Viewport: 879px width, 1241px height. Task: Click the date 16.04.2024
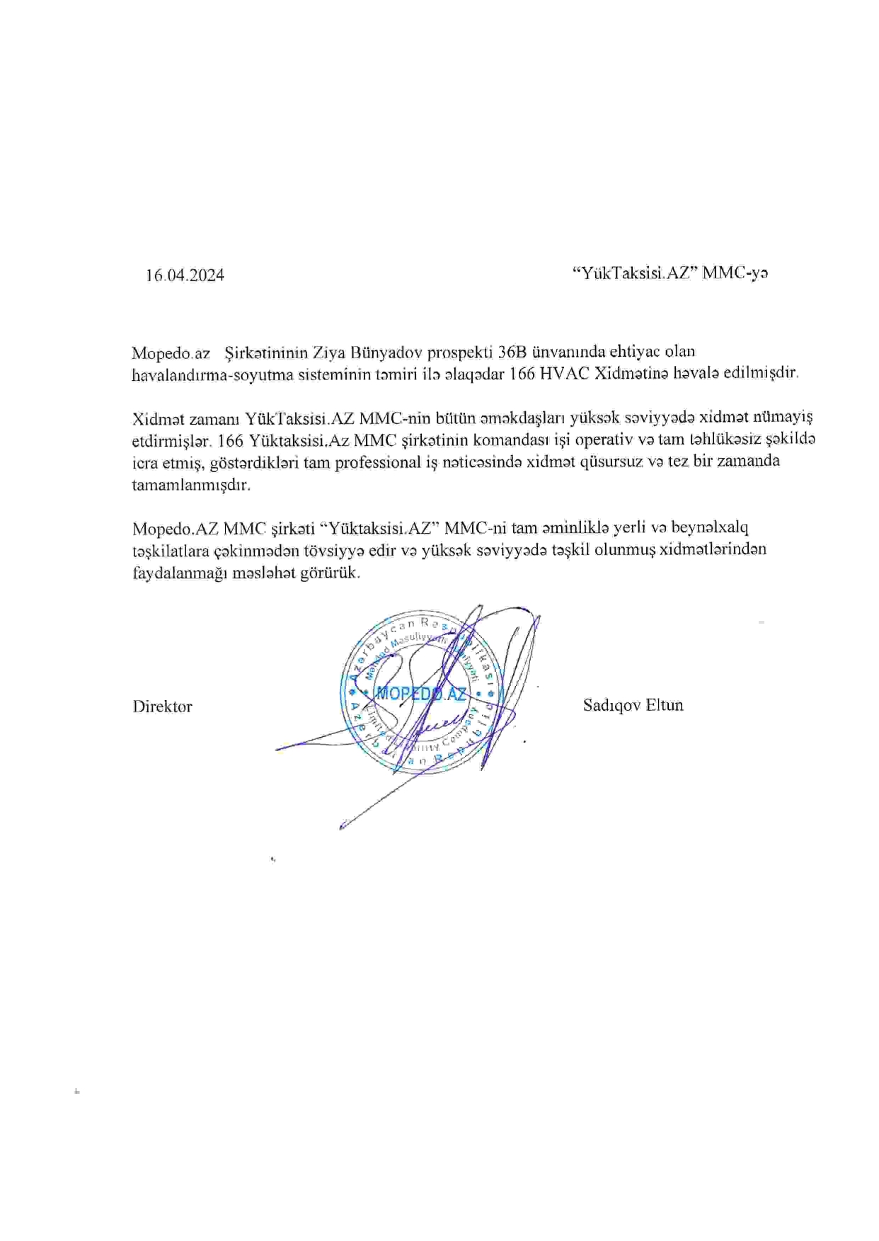185,275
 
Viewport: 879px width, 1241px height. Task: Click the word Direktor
162,707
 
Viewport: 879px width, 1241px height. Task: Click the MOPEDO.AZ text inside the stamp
420,693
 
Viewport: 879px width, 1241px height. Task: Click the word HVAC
563,374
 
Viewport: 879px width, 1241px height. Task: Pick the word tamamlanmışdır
191,486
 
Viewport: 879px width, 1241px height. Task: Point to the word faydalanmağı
180,573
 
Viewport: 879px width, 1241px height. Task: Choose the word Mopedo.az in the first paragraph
171,353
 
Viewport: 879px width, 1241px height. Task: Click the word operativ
604,440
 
